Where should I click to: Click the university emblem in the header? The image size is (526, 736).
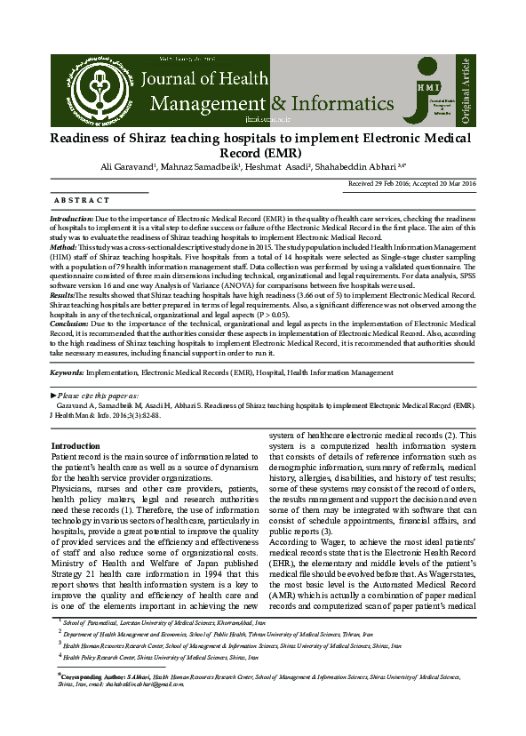coord(95,87)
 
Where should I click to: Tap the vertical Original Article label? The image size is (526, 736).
coord(466,89)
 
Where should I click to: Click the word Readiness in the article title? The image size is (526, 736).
coord(86,139)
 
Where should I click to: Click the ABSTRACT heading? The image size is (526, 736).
coord(83,201)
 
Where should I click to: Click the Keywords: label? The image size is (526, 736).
coord(68,372)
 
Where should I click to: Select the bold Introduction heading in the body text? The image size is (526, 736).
coord(76,445)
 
